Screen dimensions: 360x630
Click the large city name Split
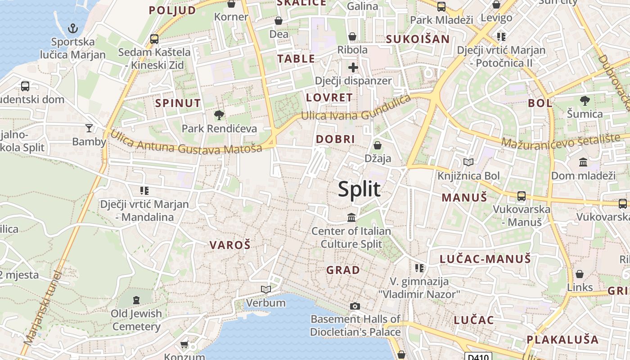coord(359,189)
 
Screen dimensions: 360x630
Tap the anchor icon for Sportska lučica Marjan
coord(72,29)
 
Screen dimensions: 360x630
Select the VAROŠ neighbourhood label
coord(230,245)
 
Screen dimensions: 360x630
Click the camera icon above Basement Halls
coord(355,306)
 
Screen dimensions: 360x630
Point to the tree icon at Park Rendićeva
coord(219,115)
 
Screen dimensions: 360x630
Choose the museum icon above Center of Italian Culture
coord(351,218)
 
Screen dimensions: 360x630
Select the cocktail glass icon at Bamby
coord(89,129)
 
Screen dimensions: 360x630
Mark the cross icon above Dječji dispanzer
coord(353,68)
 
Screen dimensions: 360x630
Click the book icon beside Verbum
coord(265,289)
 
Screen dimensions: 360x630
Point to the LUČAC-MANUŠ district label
coord(485,259)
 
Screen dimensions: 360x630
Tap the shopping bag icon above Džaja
coord(378,145)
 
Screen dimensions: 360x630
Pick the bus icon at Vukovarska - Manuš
coord(522,196)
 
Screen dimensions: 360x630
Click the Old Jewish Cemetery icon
coord(136,300)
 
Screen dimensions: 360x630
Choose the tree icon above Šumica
coord(585,101)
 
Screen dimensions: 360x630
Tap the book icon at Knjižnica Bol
coord(468,162)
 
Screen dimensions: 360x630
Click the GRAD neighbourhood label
coord(343,270)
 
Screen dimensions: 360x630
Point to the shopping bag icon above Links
coord(580,274)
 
